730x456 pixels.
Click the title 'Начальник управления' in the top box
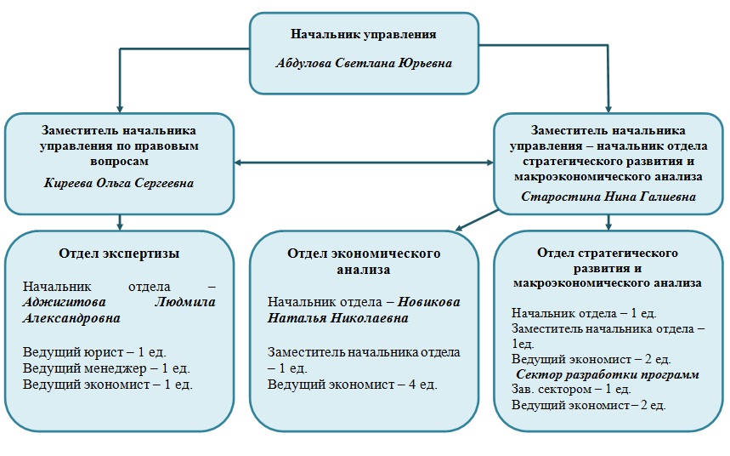click(x=364, y=35)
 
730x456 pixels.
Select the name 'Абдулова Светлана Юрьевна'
click(x=364, y=63)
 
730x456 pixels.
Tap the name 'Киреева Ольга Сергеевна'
click(x=119, y=183)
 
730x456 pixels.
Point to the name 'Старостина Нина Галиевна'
click(x=608, y=197)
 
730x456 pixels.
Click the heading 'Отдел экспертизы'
click(x=119, y=253)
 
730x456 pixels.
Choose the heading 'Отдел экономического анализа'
click(x=363, y=262)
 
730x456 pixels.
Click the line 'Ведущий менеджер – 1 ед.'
click(x=106, y=368)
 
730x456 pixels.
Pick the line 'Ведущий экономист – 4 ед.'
click(x=353, y=385)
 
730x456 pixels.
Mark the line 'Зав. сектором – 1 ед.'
click(x=570, y=389)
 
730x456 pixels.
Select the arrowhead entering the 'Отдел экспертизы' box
click(x=120, y=225)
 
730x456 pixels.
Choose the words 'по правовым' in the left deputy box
click(x=174, y=145)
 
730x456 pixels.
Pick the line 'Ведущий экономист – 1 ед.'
click(x=108, y=384)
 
